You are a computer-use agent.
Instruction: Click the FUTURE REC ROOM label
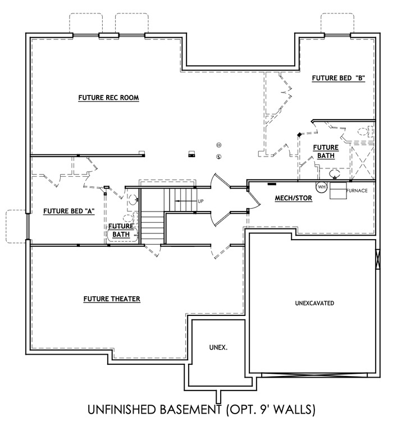(108, 98)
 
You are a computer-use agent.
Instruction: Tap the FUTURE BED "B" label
(338, 79)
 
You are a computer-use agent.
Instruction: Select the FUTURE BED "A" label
(68, 211)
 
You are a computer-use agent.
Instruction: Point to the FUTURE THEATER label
(112, 299)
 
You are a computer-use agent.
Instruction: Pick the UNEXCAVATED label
(314, 303)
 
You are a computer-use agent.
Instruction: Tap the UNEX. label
(219, 348)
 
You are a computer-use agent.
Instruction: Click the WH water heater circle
(322, 187)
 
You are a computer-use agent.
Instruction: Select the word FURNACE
(357, 191)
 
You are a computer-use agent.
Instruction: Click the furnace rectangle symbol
(337, 191)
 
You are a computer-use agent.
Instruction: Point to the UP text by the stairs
(200, 201)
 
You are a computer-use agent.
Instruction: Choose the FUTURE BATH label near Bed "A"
(121, 230)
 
